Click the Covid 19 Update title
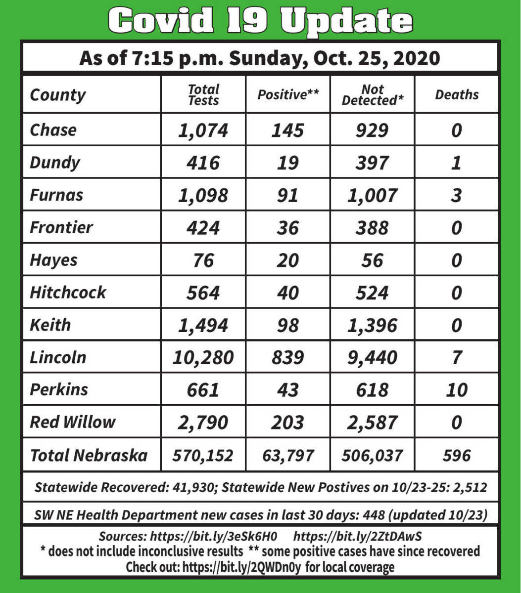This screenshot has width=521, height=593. point(260,21)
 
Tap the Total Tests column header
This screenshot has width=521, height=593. point(203,95)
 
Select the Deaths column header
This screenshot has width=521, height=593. point(457,95)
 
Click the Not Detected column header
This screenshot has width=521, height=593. point(372,95)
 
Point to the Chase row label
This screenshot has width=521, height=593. point(53,130)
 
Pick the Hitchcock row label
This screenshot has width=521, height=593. point(68,292)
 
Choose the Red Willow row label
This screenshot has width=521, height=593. point(72,422)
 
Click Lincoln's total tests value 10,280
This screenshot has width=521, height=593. point(203,357)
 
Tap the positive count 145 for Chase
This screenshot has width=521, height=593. point(287,130)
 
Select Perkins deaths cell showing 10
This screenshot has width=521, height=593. point(457,390)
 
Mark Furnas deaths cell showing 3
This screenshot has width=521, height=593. point(457,195)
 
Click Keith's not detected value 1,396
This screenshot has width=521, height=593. point(372,325)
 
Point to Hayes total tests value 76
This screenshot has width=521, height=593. point(203,260)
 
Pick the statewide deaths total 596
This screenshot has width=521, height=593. point(457,455)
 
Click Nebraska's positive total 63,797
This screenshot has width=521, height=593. point(287,455)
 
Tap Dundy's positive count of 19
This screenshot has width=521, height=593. point(287,163)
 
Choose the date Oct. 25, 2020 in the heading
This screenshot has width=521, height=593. point(379,58)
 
